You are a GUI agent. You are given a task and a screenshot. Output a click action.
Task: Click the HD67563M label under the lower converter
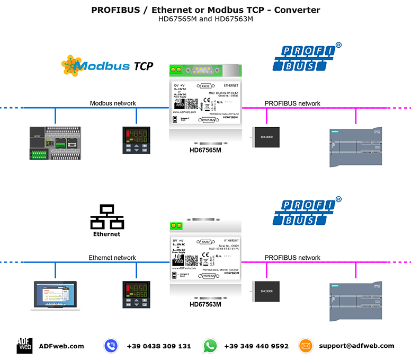pyautogui.click(x=205, y=304)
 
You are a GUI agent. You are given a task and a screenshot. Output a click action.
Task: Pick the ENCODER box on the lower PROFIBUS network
pyautogui.click(x=267, y=291)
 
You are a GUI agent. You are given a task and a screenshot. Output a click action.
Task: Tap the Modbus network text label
pyautogui.click(x=112, y=103)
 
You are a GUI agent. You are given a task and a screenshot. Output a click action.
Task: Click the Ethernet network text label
pyautogui.click(x=112, y=258)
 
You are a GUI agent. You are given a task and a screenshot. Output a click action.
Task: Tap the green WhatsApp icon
pyautogui.click(x=210, y=346)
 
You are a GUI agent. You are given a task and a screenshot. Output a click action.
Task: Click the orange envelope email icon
pyautogui.click(x=306, y=346)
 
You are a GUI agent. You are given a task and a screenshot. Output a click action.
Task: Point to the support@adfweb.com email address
pyautogui.click(x=356, y=346)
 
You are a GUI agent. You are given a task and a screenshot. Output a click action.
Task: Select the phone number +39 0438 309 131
pyautogui.click(x=158, y=346)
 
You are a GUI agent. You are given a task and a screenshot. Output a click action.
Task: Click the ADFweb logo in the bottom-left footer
pyautogui.click(x=23, y=346)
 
